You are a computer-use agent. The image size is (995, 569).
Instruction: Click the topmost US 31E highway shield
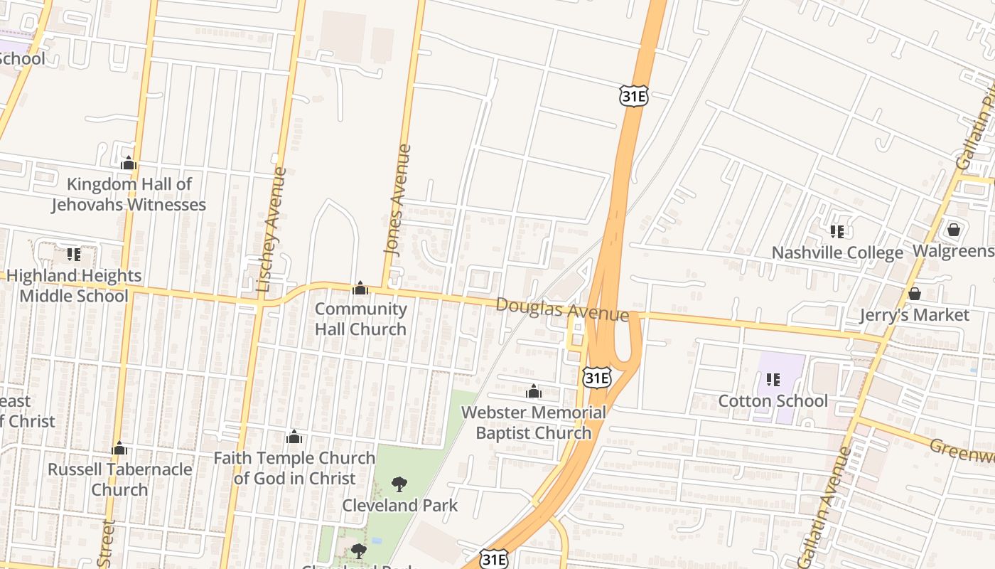click(x=633, y=95)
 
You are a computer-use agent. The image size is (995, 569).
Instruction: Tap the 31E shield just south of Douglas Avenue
click(x=596, y=377)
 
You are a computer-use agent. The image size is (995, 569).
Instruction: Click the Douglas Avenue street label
click(x=562, y=309)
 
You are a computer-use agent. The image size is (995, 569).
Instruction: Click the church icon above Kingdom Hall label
click(x=129, y=164)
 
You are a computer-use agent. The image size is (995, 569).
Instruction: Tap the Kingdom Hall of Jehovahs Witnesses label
click(x=129, y=194)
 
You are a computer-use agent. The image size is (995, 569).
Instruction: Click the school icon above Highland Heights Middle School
click(x=73, y=254)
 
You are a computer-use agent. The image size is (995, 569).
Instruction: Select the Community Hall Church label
click(x=360, y=319)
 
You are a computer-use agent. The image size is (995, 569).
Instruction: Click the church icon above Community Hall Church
click(x=360, y=288)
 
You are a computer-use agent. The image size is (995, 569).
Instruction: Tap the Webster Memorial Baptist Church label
click(x=533, y=422)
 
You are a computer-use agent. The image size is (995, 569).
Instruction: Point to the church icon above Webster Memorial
click(x=534, y=391)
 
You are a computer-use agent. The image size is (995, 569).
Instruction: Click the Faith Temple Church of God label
click(x=294, y=468)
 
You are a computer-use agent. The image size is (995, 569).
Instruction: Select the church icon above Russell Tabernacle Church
click(x=119, y=449)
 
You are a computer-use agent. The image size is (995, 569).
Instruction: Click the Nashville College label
click(x=837, y=252)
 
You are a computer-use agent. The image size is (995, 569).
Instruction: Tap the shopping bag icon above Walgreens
click(x=954, y=230)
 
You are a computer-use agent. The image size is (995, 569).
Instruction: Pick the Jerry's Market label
click(x=914, y=315)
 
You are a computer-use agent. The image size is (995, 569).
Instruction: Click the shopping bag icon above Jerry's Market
click(x=915, y=294)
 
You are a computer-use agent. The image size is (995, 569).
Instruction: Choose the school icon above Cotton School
click(x=773, y=380)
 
